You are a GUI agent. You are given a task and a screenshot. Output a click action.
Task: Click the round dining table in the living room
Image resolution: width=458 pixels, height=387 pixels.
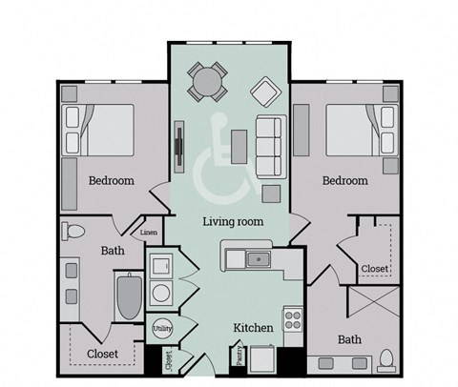[207, 81]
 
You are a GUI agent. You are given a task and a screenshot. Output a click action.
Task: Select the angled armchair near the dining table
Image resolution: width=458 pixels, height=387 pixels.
[263, 92]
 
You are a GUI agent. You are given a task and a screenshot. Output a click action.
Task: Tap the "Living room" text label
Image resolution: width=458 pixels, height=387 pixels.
[233, 221]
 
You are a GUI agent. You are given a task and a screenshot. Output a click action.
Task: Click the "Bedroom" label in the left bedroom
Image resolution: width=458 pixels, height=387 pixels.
[112, 180]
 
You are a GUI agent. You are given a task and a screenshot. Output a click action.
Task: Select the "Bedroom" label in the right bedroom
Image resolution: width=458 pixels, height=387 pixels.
[344, 180]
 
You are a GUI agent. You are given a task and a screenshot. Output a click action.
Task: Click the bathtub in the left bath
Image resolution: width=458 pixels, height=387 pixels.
[127, 296]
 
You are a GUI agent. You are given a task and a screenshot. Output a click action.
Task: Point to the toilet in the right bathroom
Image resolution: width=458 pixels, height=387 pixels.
[386, 359]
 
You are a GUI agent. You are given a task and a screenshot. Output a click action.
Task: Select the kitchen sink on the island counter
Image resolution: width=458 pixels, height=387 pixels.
[255, 257]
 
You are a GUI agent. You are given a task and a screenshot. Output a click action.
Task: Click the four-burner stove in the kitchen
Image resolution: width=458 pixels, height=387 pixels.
[293, 319]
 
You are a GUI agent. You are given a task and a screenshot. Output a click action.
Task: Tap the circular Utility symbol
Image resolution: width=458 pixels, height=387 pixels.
[162, 329]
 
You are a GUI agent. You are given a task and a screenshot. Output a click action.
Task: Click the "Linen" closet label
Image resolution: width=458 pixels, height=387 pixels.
[149, 232]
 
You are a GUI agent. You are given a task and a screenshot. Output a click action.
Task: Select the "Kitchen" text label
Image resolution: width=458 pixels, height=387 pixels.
[254, 328]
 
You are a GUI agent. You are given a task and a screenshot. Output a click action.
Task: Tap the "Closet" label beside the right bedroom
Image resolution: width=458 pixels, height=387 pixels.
[374, 269]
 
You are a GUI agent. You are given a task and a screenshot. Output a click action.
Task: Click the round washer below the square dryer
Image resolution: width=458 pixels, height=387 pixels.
[161, 292]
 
